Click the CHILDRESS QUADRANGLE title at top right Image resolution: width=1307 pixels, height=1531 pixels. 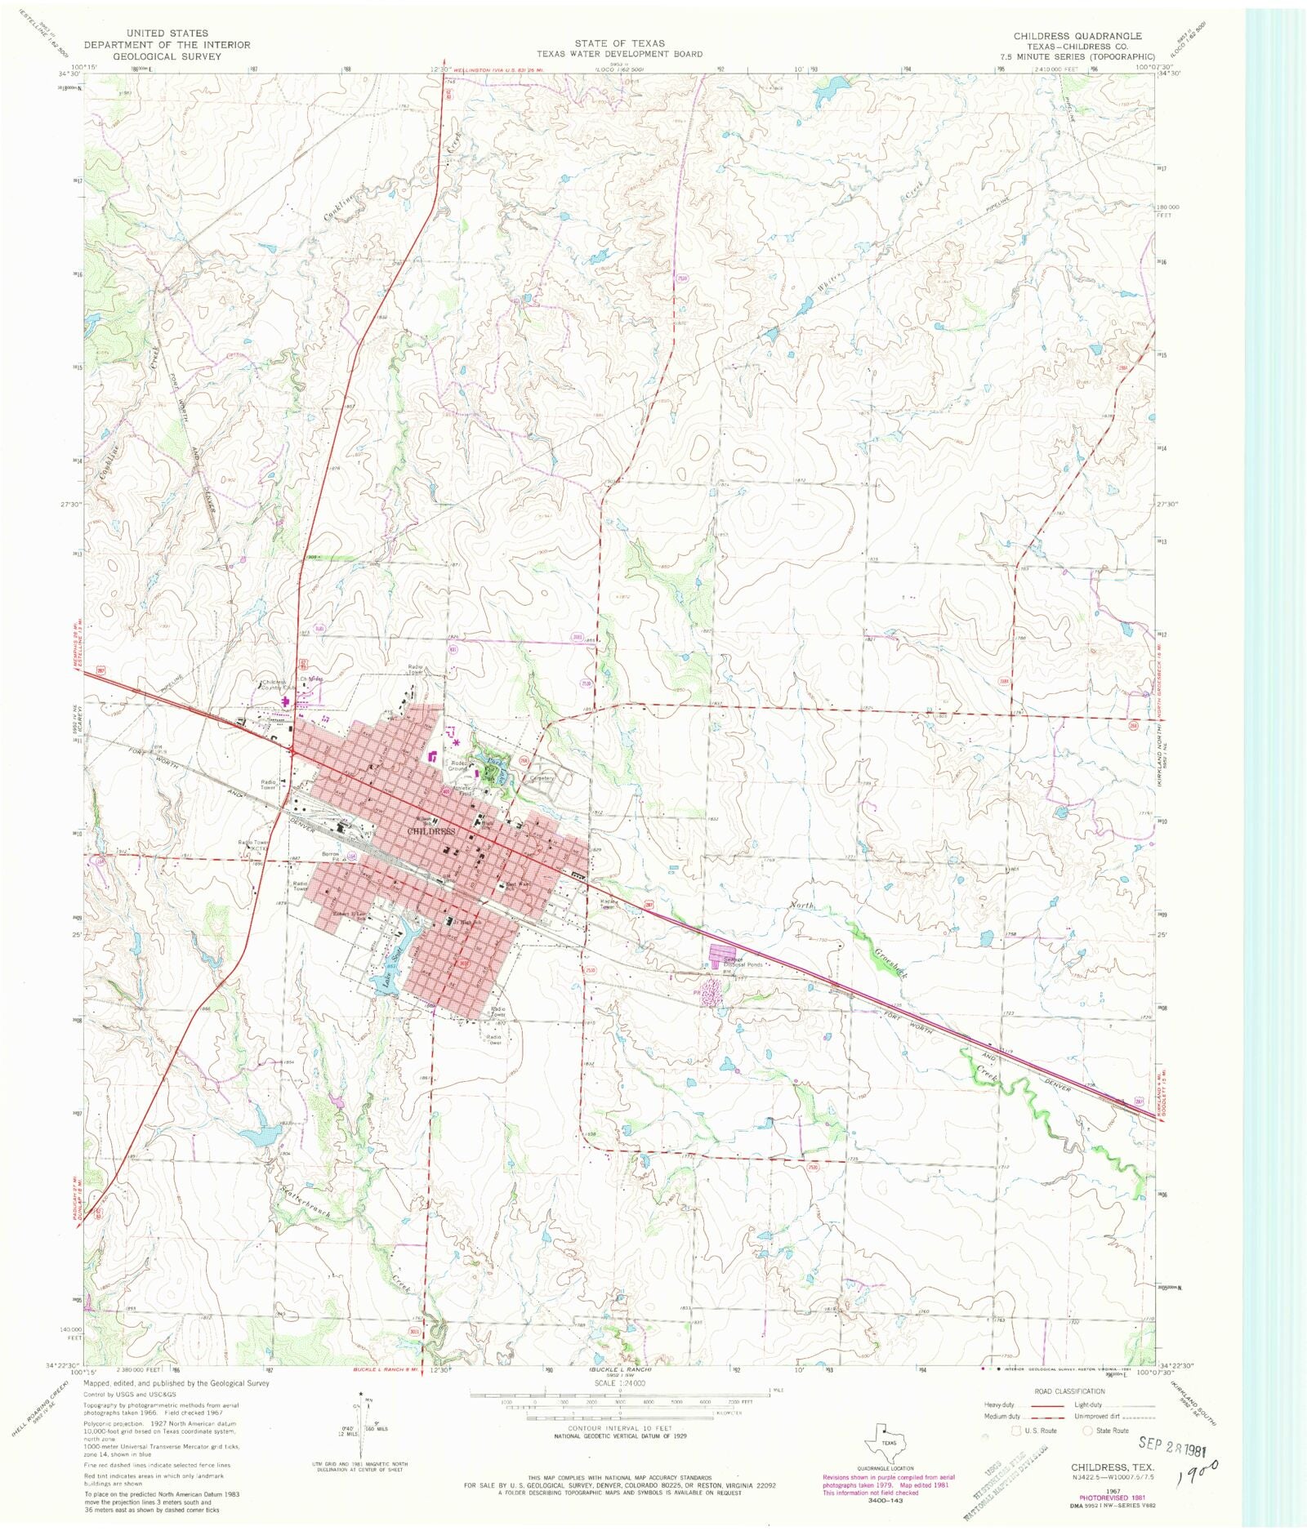coord(1077,36)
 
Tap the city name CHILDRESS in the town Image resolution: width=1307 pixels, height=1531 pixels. coord(430,831)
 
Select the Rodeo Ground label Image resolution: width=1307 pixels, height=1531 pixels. coord(458,766)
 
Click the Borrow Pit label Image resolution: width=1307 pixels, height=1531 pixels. coord(331,854)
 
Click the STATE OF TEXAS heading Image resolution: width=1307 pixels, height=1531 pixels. coord(618,43)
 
